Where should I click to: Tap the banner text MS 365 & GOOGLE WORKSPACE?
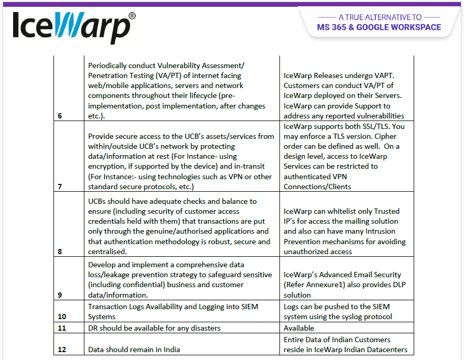click(379, 27)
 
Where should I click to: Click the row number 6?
click(59, 116)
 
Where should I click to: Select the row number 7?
click(59, 187)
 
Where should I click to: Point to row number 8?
click(59, 252)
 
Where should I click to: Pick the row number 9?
click(59, 295)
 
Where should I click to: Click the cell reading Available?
click(299, 328)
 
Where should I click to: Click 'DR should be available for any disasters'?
click(154, 328)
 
